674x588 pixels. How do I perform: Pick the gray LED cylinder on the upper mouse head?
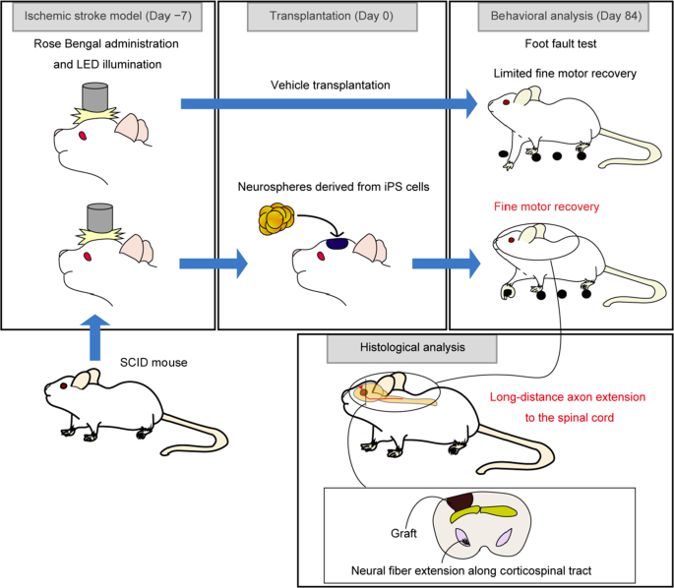tap(94, 97)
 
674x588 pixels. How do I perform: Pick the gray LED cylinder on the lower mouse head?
tap(101, 218)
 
